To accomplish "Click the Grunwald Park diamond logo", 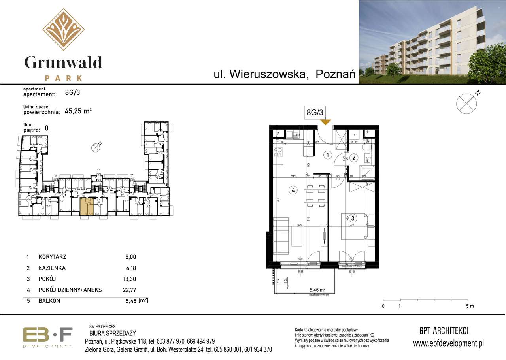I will pos(63,29).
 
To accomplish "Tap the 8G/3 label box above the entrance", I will pos(315,113).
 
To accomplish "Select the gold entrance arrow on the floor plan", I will pos(325,122).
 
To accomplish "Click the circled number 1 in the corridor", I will pos(328,155).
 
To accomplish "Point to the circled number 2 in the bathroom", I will pos(354,158).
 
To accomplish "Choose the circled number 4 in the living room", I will pos(293,190).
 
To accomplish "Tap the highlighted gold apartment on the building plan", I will pos(87,207).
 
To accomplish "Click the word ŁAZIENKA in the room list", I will pos(52,268).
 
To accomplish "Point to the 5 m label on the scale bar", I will pos(469,306).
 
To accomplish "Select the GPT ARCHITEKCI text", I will pos(444,331).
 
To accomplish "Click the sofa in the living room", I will pos(281,236).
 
